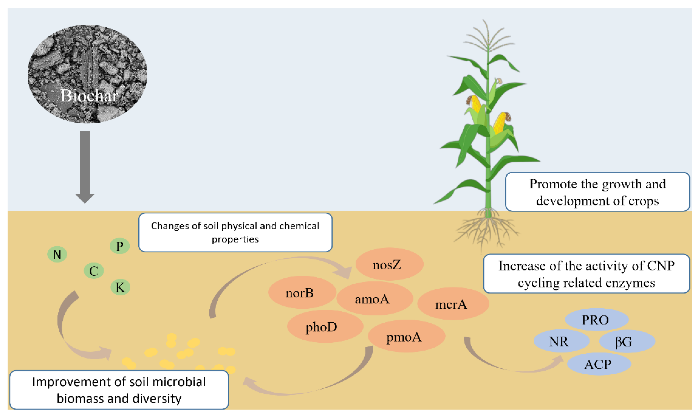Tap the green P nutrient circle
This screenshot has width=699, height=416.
point(120,246)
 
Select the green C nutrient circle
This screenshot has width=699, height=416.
point(94,271)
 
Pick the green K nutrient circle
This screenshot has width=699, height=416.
point(120,287)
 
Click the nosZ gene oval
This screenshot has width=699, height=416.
point(389,264)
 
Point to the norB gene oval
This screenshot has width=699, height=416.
point(302,292)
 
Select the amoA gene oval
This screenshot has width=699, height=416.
point(374,299)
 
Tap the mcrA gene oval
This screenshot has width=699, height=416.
point(453,304)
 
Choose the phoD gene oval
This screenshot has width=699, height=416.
point(325,326)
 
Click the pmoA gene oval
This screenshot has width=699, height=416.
point(406,336)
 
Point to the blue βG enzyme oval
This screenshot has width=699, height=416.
point(627,341)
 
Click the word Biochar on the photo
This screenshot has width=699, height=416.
point(89,95)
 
